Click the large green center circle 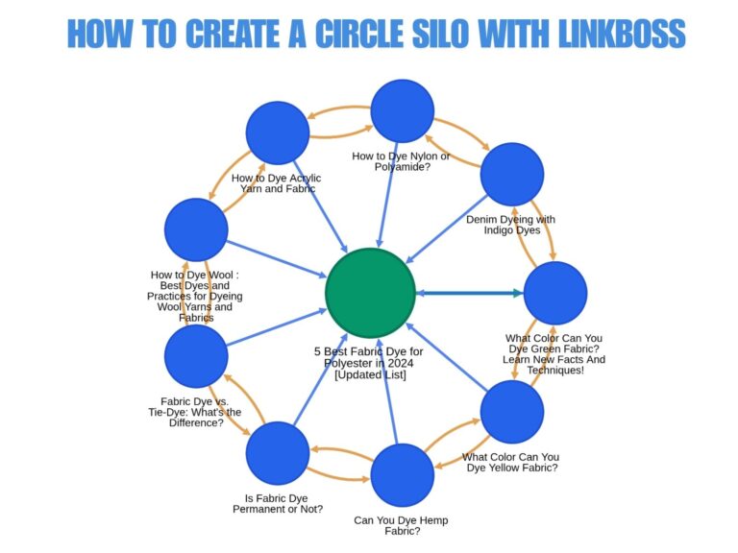tap(370, 293)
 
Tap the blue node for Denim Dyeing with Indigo tap(512, 174)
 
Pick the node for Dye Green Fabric tap(554, 293)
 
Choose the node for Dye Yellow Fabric tap(512, 412)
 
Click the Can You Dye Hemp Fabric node tap(402, 474)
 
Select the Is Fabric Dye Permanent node tap(278, 453)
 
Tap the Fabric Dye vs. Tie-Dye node tap(196, 356)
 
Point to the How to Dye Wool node tap(196, 229)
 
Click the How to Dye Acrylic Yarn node tap(278, 132)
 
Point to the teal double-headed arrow tap(470, 293)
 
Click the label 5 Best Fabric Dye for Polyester tap(368, 363)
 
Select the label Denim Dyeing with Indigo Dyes tap(510, 225)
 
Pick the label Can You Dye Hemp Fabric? tap(400, 526)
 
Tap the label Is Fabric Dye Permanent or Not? tap(278, 503)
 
